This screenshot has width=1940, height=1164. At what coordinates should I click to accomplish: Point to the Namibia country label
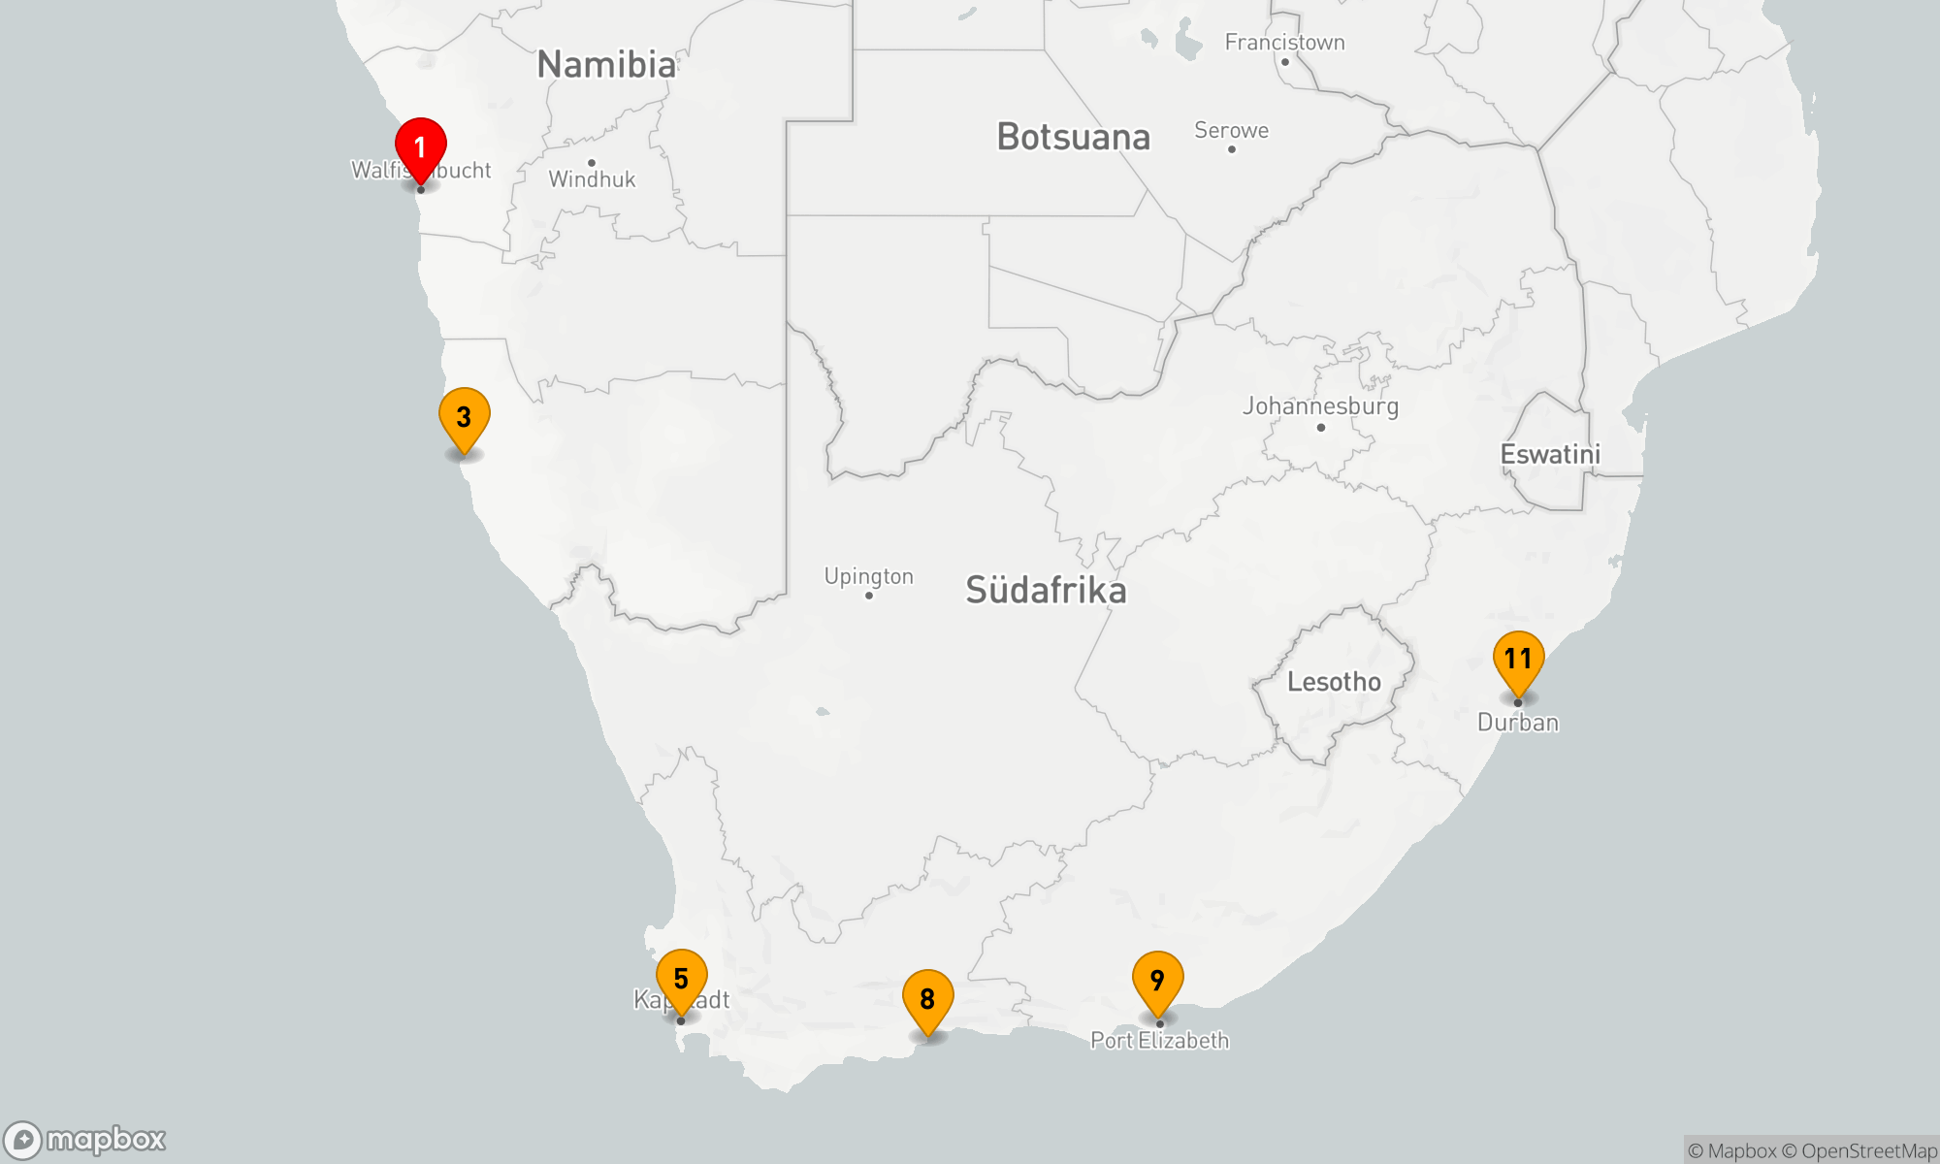click(606, 65)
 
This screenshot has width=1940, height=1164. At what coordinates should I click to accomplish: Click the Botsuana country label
click(1073, 138)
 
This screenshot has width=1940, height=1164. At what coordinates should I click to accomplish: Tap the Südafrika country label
click(1046, 591)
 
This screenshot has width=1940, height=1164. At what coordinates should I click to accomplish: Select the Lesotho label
click(1334, 682)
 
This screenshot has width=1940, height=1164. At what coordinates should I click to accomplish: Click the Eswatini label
click(1550, 455)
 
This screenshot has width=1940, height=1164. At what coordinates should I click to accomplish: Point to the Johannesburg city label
click(1320, 406)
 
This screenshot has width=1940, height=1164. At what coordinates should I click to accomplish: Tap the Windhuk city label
click(592, 179)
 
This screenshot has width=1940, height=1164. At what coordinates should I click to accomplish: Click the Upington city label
click(868, 576)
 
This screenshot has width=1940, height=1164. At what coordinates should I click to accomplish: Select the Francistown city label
click(1284, 43)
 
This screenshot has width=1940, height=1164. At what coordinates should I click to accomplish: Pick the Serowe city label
click(1231, 131)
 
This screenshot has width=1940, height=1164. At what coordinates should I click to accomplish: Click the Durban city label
click(1518, 723)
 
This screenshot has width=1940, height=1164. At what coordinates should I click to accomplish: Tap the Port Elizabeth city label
click(1159, 1041)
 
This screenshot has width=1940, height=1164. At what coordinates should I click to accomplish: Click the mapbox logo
click(85, 1140)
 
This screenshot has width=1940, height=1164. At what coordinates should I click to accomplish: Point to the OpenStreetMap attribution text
click(1868, 1151)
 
